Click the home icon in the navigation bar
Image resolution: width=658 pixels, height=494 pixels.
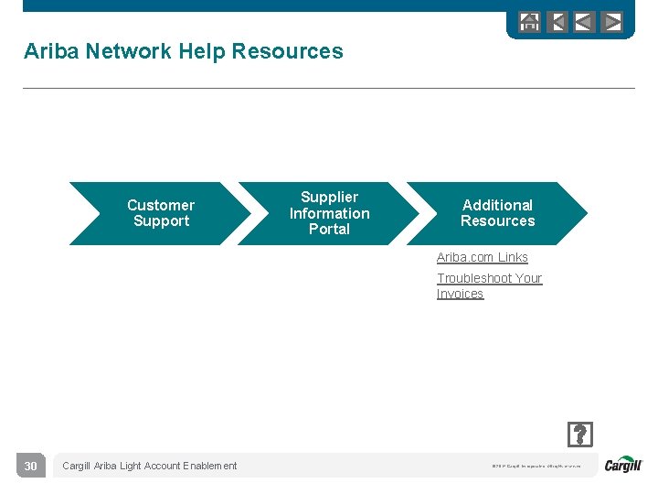tap(529, 22)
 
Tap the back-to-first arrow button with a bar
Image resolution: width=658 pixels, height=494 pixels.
tap(557, 22)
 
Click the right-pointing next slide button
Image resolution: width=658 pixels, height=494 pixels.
tap(612, 22)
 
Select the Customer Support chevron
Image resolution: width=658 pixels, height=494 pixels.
tap(160, 213)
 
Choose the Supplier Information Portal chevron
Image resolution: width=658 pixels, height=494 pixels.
tap(329, 213)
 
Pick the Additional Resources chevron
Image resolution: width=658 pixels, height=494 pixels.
tap(497, 213)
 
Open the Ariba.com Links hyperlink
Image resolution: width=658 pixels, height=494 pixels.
tap(482, 258)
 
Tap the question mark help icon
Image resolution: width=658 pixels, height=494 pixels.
tap(579, 434)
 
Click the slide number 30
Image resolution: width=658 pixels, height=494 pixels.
tap(30, 467)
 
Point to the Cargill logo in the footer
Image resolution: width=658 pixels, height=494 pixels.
tap(623, 465)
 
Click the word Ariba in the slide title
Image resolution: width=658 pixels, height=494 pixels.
tap(51, 51)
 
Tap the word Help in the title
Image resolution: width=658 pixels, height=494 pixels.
tap(202, 51)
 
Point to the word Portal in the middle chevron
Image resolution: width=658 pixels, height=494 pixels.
tap(329, 230)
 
